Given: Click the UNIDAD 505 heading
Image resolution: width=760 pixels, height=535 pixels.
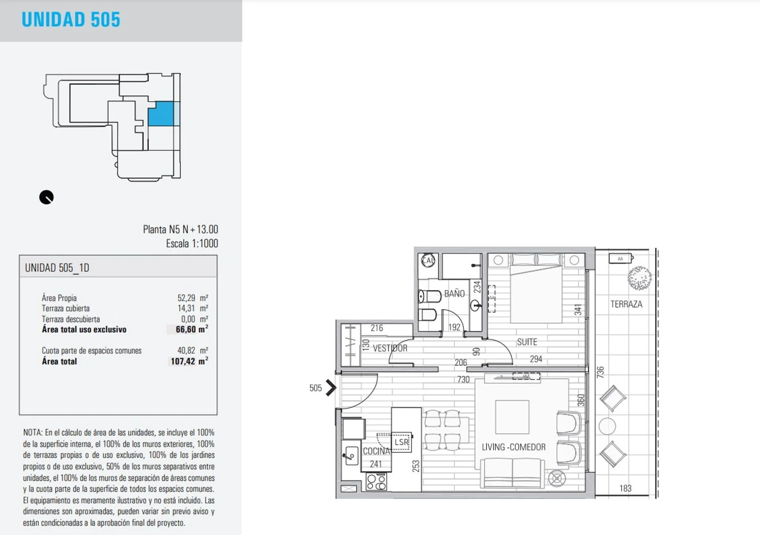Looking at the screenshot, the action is point(71,19).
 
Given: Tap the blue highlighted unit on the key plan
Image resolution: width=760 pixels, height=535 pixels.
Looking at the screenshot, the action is point(161,114).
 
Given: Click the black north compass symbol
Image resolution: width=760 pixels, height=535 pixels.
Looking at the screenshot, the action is point(46,197).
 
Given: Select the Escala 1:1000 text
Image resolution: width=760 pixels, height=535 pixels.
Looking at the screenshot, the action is point(192,243).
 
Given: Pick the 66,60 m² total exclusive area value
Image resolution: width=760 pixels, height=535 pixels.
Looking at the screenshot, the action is point(192,329).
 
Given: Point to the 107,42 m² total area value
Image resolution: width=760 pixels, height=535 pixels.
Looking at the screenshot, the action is point(189,361).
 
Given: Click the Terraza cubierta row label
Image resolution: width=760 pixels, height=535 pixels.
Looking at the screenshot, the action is point(66,308).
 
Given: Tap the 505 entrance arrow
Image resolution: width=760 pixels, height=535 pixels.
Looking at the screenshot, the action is point(331,388).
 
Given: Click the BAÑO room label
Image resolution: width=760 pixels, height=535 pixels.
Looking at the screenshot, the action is point(454,294).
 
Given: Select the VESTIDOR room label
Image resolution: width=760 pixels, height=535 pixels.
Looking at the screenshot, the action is point(390,348).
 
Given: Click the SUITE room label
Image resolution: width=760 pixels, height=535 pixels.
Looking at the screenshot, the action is point(527,342).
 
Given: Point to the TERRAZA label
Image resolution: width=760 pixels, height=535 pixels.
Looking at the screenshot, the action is point(626,304).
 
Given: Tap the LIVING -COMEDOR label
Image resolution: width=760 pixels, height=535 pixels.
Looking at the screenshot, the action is point(513,447).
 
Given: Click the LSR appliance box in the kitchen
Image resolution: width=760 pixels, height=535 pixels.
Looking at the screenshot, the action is point(401,442).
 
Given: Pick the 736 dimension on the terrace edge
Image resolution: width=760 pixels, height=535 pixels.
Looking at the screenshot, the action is point(600,372).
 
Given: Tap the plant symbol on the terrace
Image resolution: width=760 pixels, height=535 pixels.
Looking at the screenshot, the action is point(639,279).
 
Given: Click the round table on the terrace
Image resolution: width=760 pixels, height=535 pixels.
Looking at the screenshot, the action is point(607,426).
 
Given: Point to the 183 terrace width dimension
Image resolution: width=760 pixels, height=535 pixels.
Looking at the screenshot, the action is point(625,488).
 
